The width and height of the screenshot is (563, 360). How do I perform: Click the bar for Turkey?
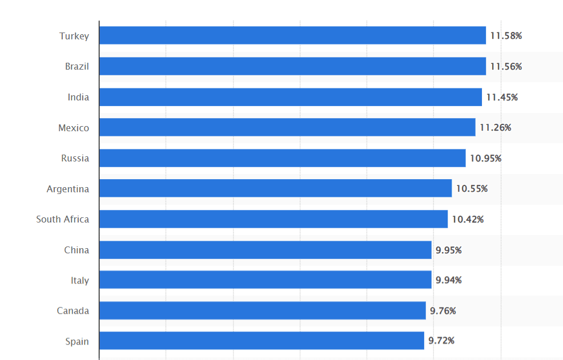292,35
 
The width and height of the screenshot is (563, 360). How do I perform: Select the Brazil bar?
292,66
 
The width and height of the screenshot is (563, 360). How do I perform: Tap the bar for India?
290,97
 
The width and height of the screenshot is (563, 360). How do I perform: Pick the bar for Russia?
282,158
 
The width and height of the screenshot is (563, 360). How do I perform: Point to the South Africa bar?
273,219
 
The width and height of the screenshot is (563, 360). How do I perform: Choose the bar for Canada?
262,311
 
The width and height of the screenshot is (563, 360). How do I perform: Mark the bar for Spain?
262,341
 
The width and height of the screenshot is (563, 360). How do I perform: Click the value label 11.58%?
506,36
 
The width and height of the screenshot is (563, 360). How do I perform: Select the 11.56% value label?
506,67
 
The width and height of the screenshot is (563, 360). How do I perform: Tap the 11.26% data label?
495,128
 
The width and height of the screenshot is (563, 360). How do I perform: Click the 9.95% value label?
449,250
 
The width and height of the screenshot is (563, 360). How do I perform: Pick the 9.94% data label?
449,280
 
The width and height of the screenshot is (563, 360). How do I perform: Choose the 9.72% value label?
442,341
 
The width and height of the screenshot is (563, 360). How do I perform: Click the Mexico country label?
74,128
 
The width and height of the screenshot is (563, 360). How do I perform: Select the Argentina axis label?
68,189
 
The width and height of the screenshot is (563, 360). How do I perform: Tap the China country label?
77,250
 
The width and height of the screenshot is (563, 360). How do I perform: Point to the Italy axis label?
80,281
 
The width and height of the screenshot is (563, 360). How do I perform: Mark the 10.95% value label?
485,159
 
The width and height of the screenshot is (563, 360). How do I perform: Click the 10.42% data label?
468,220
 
